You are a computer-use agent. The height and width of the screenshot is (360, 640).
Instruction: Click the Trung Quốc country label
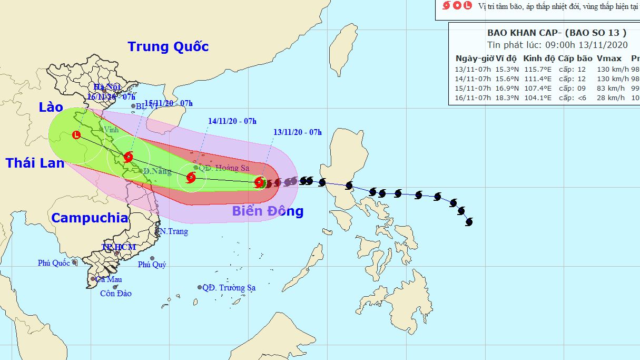(168, 47)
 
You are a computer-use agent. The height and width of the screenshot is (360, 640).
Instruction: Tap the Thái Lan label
(35, 163)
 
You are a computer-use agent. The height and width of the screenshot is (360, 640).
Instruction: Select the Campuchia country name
(90, 218)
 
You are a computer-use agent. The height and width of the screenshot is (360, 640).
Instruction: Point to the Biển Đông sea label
(268, 211)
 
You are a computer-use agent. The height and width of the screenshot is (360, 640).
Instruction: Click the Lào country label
(51, 108)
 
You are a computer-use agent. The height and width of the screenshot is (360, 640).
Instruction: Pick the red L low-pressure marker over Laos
(77, 135)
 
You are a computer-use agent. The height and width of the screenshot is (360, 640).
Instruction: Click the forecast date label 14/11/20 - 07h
(232, 121)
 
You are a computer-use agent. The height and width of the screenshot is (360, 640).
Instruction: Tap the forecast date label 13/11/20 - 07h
(298, 132)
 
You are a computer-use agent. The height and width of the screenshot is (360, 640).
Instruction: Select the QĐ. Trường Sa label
(229, 288)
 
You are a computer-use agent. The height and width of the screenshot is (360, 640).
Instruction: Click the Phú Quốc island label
(54, 263)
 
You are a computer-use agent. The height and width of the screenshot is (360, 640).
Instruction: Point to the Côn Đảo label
(116, 294)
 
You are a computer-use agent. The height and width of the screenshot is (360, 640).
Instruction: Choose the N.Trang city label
(174, 231)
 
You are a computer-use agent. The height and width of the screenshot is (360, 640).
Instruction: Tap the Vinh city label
(111, 130)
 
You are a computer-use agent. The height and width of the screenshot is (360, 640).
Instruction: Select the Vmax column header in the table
(609, 59)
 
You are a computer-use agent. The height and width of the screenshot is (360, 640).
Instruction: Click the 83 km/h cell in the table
(609, 88)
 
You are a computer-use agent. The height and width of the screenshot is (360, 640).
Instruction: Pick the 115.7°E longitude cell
(538, 69)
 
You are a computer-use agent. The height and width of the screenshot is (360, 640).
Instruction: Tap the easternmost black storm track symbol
(469, 222)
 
